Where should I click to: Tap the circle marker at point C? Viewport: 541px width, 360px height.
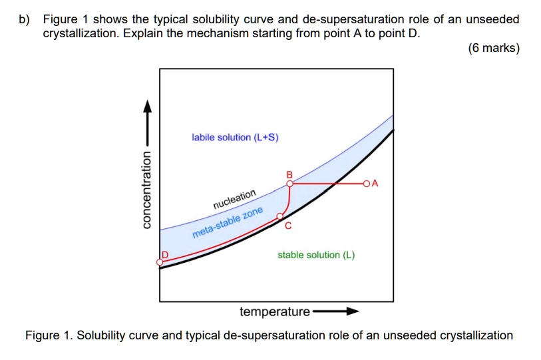coord(280,216)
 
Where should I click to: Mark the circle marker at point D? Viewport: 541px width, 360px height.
coord(160,262)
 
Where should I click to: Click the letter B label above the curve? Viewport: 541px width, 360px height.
coord(289,174)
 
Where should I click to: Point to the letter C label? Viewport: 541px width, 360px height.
coord(287,226)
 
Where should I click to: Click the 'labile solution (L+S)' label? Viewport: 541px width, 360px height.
coord(235,138)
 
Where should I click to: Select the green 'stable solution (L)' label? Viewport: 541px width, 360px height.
coord(316,255)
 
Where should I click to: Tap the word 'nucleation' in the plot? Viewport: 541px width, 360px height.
coord(234,198)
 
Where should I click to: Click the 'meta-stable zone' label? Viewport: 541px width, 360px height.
coord(228,223)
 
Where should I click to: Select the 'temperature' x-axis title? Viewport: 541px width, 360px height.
coord(274,311)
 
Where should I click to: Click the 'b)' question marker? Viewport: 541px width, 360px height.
coord(25,19)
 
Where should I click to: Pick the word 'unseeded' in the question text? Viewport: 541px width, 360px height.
coord(492,19)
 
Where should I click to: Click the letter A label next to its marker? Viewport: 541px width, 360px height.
coord(375,182)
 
